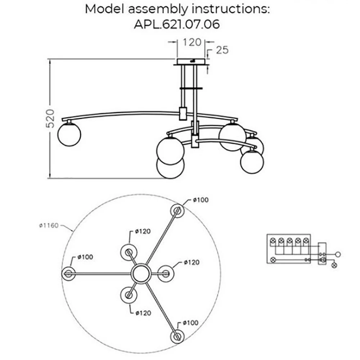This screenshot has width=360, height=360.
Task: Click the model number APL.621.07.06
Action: [x=177, y=24]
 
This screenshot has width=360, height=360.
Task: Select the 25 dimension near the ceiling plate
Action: [x=222, y=50]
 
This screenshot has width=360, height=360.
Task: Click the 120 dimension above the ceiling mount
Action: [x=191, y=42]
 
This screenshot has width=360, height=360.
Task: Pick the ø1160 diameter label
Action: [x=49, y=226]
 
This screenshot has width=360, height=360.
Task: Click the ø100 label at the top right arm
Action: [x=201, y=200]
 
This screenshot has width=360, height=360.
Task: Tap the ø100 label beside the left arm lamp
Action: [x=85, y=257]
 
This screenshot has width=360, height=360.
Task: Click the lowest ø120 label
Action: [x=143, y=313]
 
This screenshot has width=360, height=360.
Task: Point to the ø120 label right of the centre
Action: [x=191, y=262]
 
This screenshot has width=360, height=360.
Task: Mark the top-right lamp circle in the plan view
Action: [x=177, y=211]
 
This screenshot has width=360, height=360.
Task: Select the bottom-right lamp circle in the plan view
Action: [x=177, y=337]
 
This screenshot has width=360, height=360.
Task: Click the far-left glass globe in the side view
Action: [x=69, y=134]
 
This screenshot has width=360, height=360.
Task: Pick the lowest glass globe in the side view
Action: [x=170, y=167]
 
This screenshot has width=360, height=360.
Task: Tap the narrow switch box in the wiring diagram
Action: [x=323, y=254]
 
